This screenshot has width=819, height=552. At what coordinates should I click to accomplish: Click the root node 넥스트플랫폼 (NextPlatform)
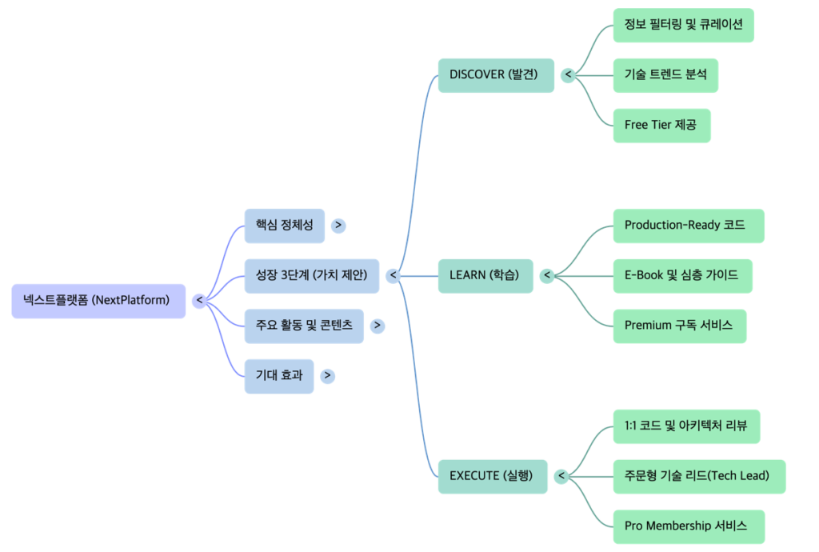click(x=98, y=301)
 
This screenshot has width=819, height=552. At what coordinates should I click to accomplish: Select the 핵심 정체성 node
click(x=284, y=226)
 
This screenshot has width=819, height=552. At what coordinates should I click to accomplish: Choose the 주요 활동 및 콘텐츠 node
click(x=304, y=326)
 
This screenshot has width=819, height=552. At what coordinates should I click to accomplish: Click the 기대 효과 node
click(x=279, y=376)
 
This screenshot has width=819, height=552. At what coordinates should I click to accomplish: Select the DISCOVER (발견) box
click(x=495, y=75)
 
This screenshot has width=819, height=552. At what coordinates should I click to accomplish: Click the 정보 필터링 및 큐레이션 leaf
click(x=683, y=25)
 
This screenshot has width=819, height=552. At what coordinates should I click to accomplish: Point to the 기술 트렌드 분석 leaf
click(x=665, y=75)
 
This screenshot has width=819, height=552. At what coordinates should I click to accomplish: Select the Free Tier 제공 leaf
click(x=661, y=126)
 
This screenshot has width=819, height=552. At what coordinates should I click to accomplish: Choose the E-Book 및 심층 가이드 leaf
click(x=682, y=275)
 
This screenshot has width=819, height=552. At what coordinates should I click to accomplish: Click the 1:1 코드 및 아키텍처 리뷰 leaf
click(x=685, y=426)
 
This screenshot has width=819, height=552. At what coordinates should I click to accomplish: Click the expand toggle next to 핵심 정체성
click(x=338, y=226)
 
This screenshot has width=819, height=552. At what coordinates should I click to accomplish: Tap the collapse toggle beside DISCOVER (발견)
click(x=568, y=75)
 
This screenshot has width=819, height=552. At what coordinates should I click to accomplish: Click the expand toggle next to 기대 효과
click(x=328, y=376)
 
